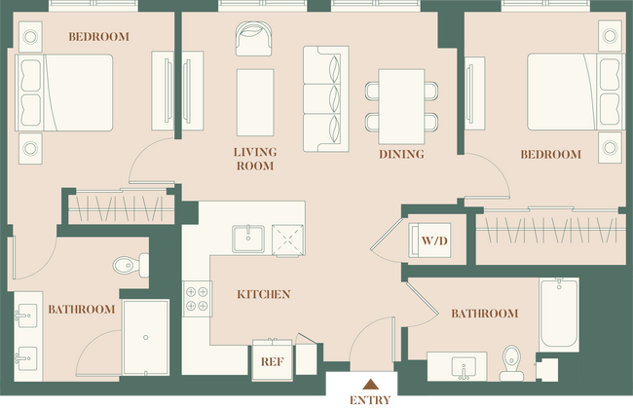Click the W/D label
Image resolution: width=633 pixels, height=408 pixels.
point(431,240)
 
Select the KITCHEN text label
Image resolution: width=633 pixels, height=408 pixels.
point(263,294)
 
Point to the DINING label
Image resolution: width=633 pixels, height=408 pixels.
point(401,155)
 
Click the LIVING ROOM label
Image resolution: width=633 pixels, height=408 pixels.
point(254,159)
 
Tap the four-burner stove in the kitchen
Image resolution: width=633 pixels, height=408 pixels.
point(198,297)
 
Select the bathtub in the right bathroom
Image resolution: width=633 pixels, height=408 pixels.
point(559,315)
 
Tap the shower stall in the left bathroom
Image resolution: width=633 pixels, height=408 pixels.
point(145,336)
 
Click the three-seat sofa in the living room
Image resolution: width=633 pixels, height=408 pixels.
point(324,98)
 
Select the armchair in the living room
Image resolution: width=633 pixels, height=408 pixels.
point(255,38)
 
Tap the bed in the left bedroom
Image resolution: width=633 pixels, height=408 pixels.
point(66,92)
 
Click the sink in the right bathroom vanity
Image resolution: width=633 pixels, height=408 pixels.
point(463,368)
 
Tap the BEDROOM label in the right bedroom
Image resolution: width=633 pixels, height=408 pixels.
point(550,155)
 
